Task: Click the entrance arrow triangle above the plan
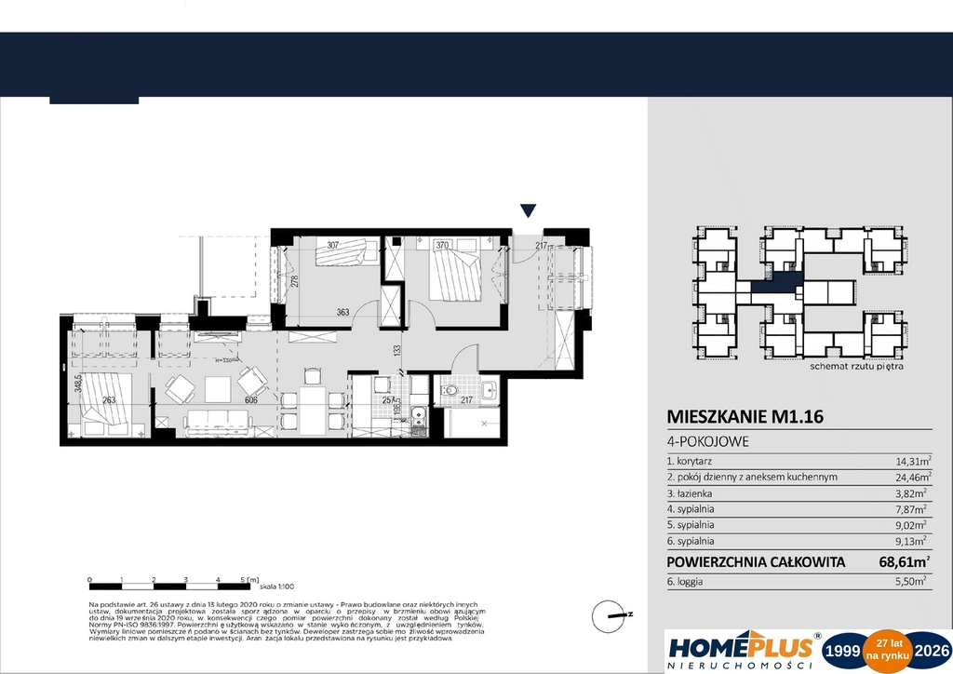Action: pos(528,211)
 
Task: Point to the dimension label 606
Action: pos(251,399)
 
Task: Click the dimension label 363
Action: pos(343,313)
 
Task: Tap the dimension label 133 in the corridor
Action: pos(396,350)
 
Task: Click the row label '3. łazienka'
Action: pos(691,492)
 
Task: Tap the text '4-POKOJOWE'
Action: pos(708,442)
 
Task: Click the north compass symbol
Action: pos(613,613)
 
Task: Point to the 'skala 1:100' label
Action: pos(275,587)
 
